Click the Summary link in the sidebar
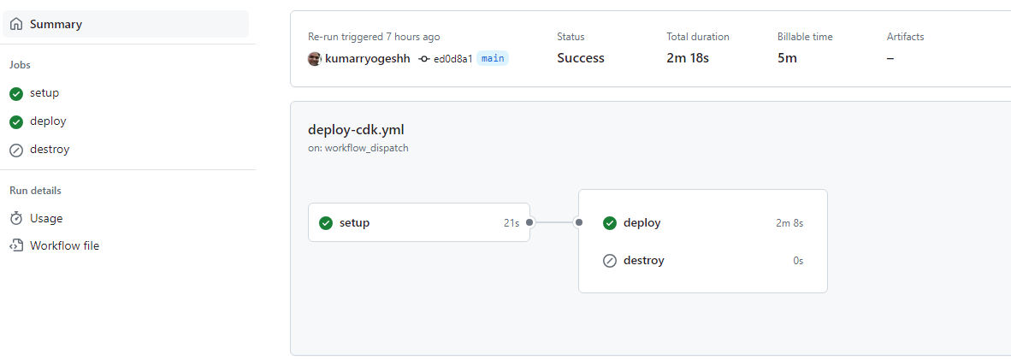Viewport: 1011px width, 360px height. point(56,25)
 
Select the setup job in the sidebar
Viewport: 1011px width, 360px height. point(44,93)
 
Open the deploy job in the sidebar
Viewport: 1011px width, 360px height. point(48,121)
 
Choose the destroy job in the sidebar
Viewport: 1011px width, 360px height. point(50,150)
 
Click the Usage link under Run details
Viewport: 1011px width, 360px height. point(46,219)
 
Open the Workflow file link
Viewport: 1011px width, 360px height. point(64,245)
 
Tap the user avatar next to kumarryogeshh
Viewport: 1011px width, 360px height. point(315,59)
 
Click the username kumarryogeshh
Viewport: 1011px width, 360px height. point(368,59)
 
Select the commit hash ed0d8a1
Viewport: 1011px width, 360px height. point(452,59)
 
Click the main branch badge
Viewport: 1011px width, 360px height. point(493,59)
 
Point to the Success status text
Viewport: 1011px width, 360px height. point(581,58)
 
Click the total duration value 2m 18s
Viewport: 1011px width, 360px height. point(688,58)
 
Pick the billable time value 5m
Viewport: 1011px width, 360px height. point(787,58)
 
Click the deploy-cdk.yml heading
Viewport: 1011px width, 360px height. point(357,130)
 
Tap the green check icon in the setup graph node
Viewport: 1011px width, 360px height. point(326,223)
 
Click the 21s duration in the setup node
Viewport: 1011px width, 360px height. point(512,223)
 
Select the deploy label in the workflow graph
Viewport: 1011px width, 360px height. point(642,223)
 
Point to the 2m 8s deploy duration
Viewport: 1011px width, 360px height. point(789,223)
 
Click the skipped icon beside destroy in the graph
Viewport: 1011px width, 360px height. point(610,262)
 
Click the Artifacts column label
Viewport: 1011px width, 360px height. point(905,37)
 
